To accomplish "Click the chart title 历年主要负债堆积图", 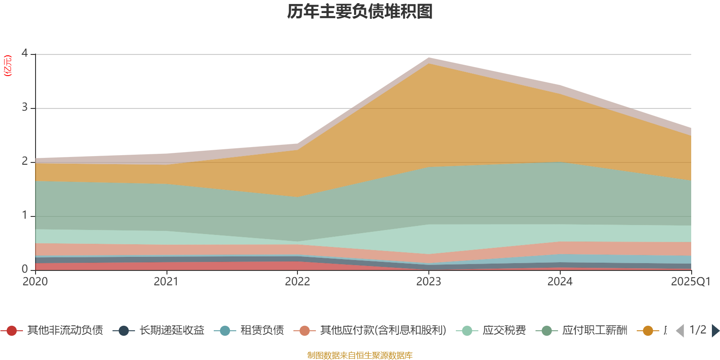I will (360, 12).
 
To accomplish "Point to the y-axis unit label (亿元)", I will (8, 66).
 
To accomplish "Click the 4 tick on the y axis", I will (25, 53).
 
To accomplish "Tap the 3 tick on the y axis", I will (25, 108).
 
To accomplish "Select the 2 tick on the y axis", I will (25, 161).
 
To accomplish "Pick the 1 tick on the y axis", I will (25, 215).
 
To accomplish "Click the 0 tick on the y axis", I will (25, 269).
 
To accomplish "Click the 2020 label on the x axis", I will (35, 282).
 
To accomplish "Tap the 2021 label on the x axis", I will (166, 282).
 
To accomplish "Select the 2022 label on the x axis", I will (297, 282).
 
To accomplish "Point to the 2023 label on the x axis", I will (428, 282).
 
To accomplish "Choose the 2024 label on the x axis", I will (560, 282).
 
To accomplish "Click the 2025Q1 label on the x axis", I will (690, 282).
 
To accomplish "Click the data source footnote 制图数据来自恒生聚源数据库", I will (360, 355).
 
